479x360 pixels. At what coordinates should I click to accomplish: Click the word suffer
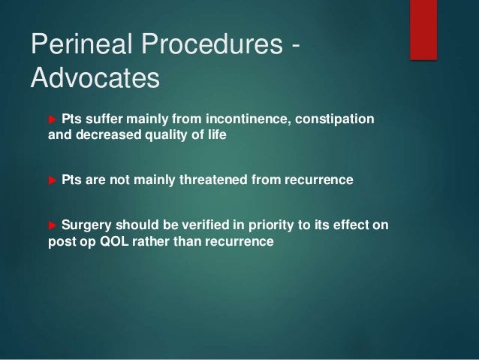[x=103, y=120]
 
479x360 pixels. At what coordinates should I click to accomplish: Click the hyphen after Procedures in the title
[x=294, y=47]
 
